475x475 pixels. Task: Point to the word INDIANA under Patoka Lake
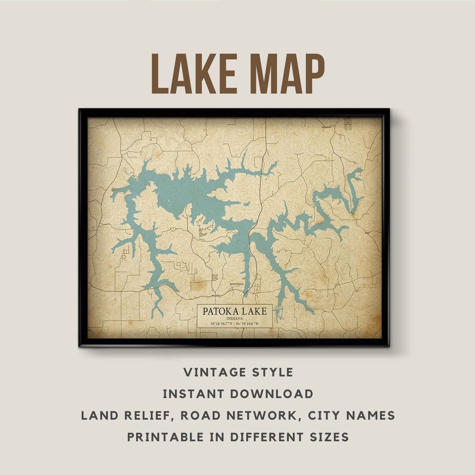234,318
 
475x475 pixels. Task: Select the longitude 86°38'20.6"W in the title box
248,324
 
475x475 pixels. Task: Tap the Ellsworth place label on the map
115,190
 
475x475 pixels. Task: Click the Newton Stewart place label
236,284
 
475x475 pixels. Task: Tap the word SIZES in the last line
326,437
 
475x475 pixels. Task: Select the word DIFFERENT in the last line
267,437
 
